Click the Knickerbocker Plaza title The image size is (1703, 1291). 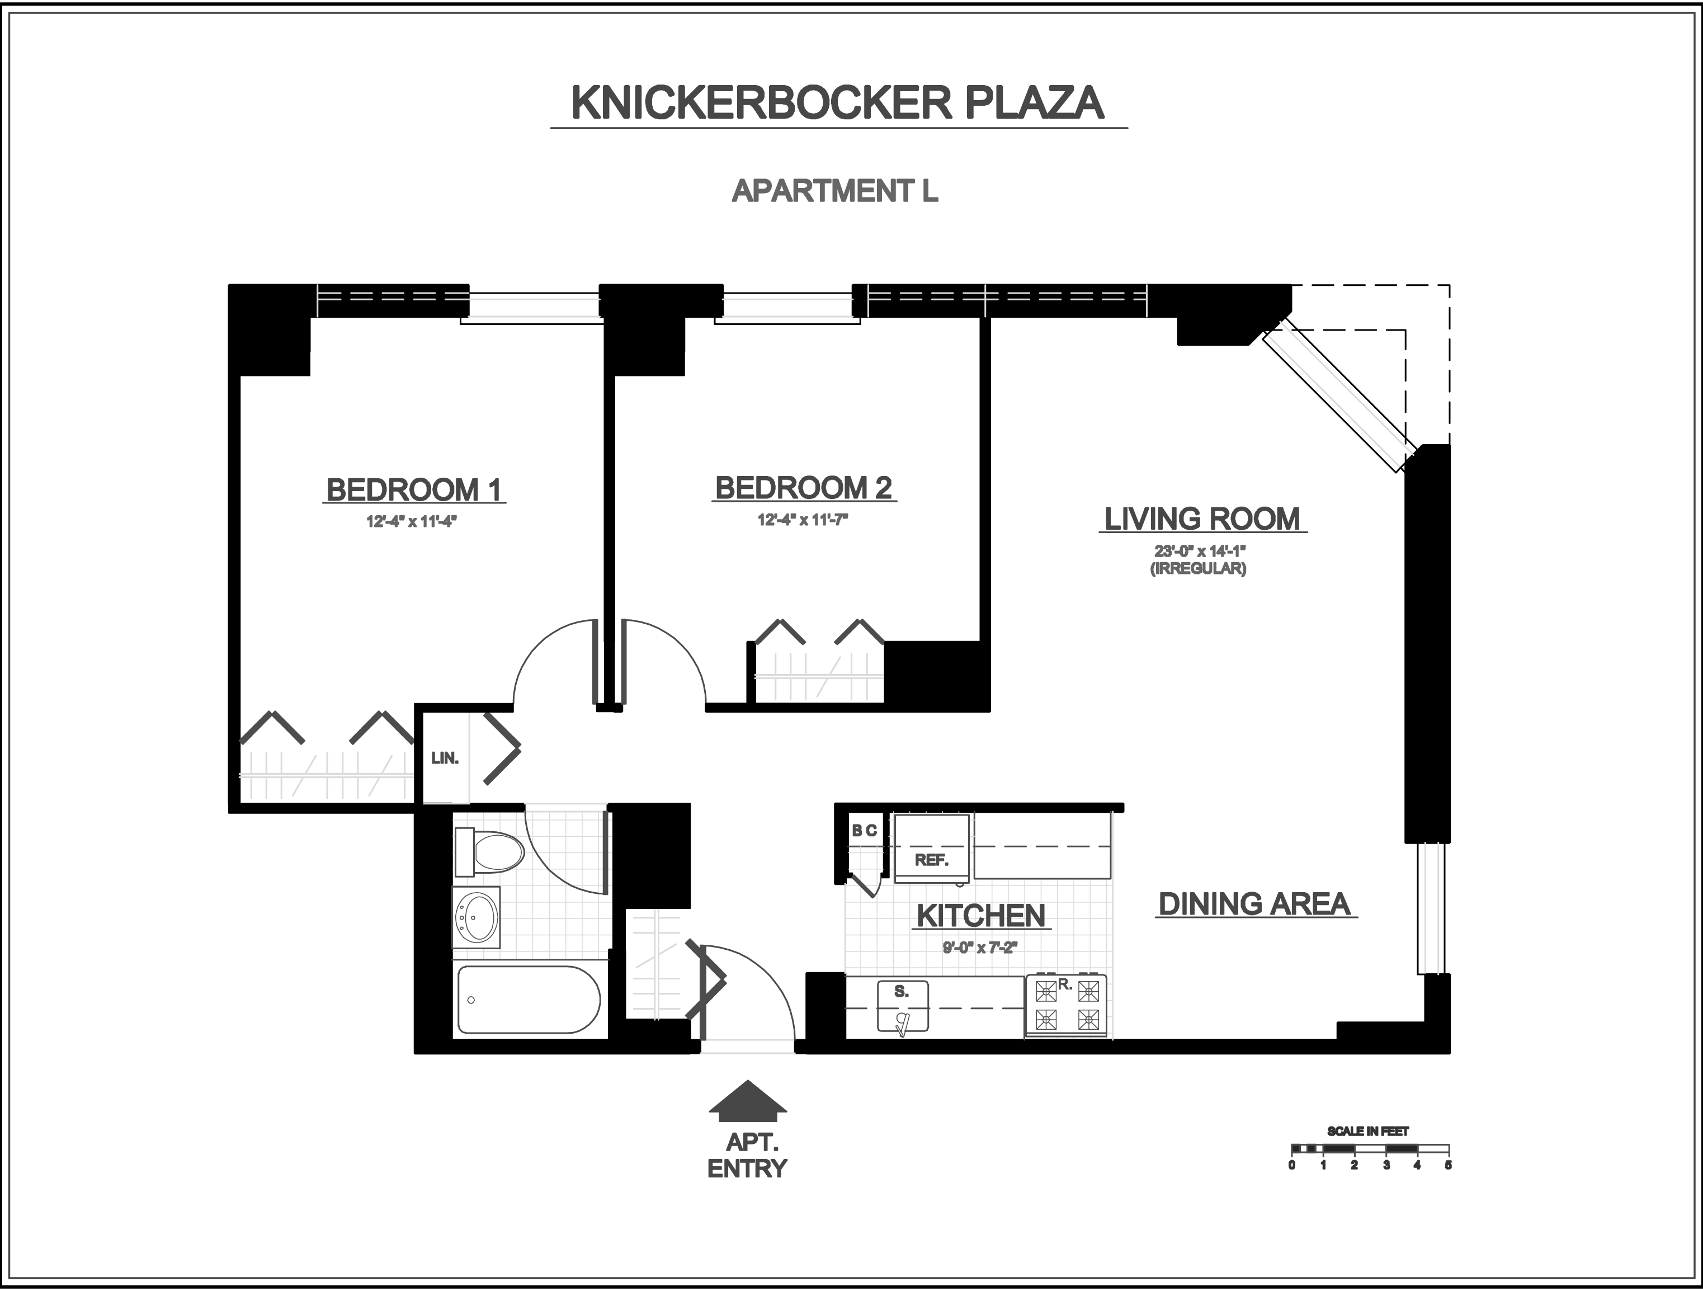tap(838, 103)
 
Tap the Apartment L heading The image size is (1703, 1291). tap(834, 191)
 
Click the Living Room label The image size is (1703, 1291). tap(1202, 519)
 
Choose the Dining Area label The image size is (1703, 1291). tap(1254, 904)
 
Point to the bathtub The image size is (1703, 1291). tap(528, 999)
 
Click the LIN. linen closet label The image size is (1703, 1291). tap(445, 758)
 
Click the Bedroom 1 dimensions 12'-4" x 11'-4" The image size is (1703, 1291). tap(411, 522)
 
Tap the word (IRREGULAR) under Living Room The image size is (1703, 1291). tap(1199, 569)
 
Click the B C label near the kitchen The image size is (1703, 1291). tap(864, 831)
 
